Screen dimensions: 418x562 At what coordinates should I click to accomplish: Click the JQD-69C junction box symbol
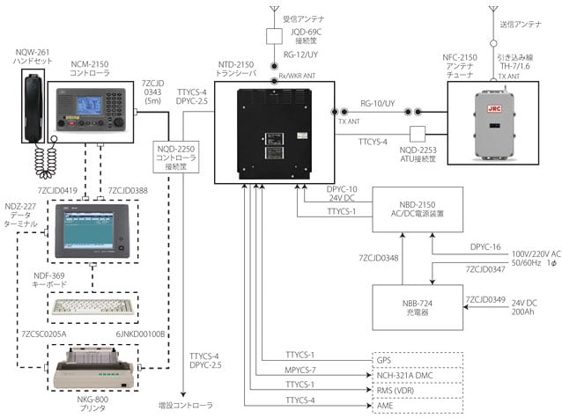tap(274, 36)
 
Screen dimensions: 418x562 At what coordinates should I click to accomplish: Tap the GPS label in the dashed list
tap(385, 360)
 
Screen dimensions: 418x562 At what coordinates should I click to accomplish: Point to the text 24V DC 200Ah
tap(521, 307)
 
